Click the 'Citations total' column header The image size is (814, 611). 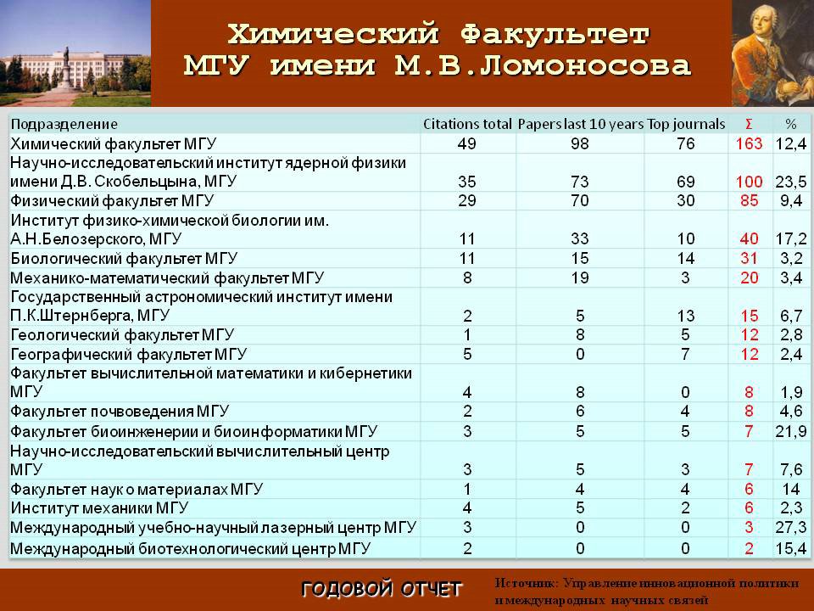467,124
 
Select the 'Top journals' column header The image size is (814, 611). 686,124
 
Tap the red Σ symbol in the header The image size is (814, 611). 749,124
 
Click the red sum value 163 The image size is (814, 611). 749,143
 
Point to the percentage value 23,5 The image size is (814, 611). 790,182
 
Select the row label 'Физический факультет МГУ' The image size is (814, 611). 112,200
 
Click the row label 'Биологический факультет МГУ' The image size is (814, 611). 124,258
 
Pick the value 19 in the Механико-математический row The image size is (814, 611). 579,277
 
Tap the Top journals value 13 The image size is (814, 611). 685,316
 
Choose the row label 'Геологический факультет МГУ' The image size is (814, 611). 122,334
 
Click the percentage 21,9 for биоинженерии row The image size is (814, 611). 790,431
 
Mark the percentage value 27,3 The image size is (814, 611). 790,527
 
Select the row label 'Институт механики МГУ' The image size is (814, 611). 99,507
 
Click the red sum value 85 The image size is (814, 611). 749,200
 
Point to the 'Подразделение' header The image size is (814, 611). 64,124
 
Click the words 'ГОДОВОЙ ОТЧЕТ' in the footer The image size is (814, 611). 382,589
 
